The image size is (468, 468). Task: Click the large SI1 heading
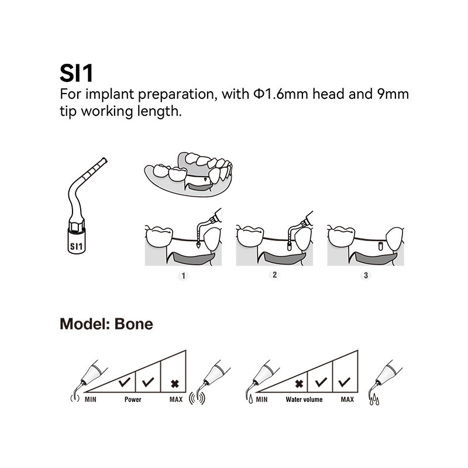[x=77, y=73]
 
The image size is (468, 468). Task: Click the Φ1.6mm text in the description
[x=281, y=94]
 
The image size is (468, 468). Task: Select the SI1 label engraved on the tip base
[x=76, y=246]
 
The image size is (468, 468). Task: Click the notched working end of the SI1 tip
[x=104, y=160]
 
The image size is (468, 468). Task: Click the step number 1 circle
[x=183, y=276]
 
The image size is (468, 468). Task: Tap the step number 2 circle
[x=274, y=274]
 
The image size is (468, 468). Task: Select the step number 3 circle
[x=366, y=275]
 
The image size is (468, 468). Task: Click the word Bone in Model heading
[x=134, y=324]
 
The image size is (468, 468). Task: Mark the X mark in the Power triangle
[x=175, y=384]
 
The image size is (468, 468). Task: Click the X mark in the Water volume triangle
[x=299, y=384]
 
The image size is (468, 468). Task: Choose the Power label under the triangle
[x=133, y=400]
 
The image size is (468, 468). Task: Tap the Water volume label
[x=304, y=400]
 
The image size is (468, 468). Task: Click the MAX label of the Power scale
[x=176, y=400]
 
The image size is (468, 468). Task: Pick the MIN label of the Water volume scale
[x=261, y=400]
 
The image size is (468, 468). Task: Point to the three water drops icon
[x=374, y=400]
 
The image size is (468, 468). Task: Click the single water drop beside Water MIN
[x=250, y=399]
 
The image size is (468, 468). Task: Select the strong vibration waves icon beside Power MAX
[x=197, y=398]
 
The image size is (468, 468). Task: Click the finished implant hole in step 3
[x=381, y=246]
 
